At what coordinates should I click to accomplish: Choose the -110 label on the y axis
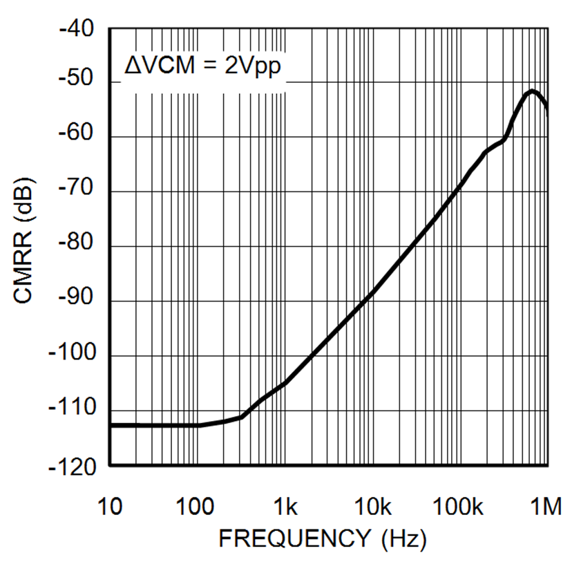[73, 408]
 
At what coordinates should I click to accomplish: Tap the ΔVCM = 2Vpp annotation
[204, 67]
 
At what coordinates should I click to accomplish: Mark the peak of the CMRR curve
[531, 91]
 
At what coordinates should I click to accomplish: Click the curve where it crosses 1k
[285, 382]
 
